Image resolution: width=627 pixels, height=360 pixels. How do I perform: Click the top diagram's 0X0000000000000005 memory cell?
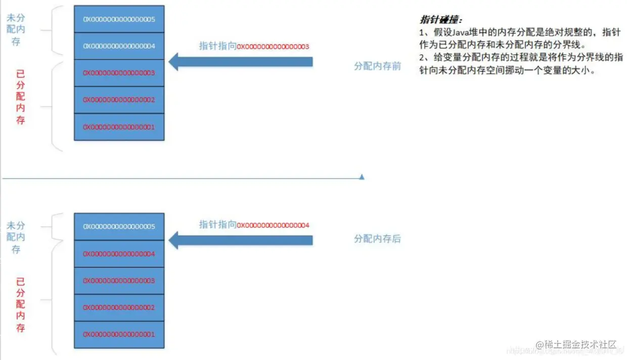[119, 19]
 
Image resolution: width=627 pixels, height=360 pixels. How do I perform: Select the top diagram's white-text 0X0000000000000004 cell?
[119, 46]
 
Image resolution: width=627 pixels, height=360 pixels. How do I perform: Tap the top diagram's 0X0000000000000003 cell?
[119, 73]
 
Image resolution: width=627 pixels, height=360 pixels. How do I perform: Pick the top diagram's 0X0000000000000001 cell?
[119, 127]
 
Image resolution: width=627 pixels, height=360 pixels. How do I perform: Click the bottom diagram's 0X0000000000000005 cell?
[119, 227]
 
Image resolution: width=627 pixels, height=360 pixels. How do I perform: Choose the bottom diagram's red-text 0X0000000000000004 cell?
[119, 254]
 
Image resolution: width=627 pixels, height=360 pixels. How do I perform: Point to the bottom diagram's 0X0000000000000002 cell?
[119, 307]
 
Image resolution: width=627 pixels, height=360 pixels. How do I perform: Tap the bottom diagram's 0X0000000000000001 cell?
[119, 334]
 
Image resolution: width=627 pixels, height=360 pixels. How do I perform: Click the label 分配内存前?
[377, 66]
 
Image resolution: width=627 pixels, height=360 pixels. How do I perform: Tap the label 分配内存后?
[377, 239]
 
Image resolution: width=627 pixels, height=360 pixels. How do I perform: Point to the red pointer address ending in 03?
[273, 47]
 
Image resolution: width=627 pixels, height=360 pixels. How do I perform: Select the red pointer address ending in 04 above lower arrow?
[273, 225]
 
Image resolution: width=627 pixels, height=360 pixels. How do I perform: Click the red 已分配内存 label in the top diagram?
[20, 97]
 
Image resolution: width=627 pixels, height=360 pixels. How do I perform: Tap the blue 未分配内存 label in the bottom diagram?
[16, 237]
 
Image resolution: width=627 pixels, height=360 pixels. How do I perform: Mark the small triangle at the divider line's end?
[362, 177]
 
